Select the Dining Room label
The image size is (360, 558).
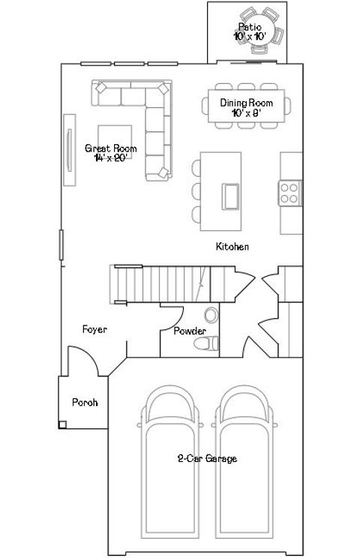(246, 107)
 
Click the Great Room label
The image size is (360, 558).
(110, 153)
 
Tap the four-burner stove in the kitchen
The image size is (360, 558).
(289, 193)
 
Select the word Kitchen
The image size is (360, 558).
(232, 247)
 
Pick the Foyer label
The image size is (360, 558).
(94, 329)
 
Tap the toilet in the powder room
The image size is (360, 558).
(205, 343)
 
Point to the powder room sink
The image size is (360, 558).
(211, 315)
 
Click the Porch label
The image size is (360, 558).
(85, 402)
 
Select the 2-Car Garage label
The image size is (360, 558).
(207, 459)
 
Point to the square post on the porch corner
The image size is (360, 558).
(63, 425)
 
